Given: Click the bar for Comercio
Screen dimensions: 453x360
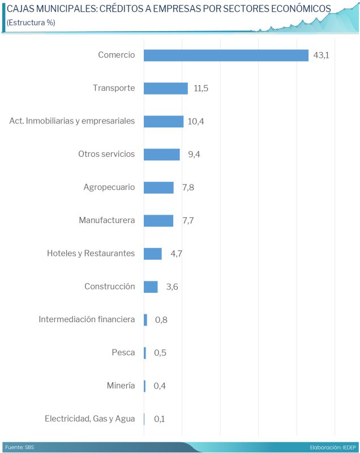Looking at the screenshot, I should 226,55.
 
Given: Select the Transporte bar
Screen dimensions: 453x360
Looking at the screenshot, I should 165,88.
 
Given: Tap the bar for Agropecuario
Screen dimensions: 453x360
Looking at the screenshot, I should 158,187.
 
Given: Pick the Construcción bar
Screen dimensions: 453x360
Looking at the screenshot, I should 151,287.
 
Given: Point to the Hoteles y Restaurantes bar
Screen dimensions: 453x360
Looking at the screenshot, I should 153,254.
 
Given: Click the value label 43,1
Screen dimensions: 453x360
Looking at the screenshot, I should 321,55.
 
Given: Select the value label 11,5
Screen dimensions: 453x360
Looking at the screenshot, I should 201,88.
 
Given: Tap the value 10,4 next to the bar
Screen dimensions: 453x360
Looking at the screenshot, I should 196,121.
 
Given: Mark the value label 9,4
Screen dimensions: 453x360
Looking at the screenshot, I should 194,155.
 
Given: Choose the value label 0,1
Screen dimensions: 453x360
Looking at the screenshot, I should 159,419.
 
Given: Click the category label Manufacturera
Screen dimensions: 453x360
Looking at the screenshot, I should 107,220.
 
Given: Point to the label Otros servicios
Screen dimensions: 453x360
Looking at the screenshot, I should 106,154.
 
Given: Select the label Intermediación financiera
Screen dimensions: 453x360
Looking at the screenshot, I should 87,319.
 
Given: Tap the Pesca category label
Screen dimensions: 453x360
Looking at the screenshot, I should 123,353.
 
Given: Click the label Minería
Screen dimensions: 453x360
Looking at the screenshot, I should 121,386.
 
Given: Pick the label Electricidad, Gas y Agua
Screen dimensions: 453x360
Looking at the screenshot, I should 90,419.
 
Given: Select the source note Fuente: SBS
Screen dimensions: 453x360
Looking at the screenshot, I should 19,447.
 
